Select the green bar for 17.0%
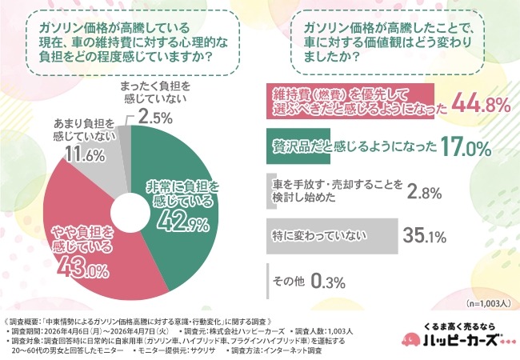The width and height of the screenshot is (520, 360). click(352, 146)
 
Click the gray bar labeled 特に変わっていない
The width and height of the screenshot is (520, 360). click(329, 235)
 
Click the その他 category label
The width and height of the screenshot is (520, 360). click(287, 282)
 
